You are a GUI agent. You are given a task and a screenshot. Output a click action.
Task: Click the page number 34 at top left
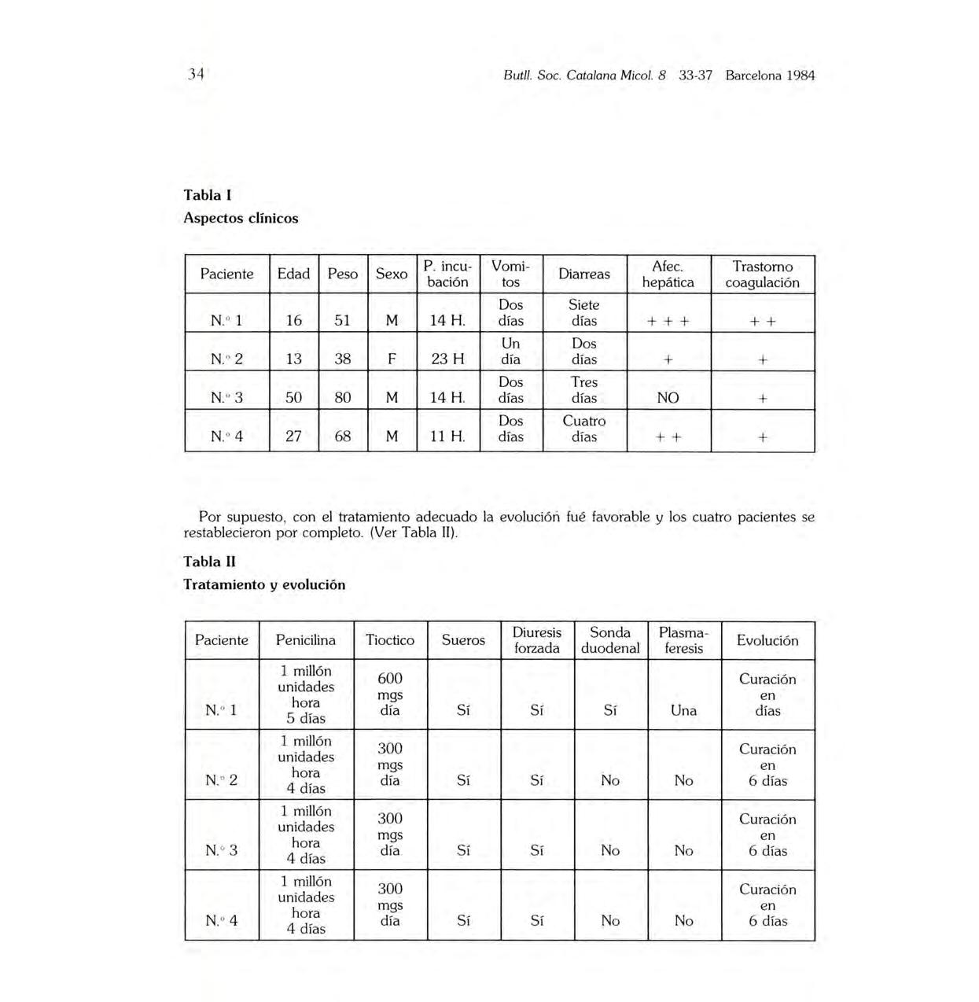tap(196, 75)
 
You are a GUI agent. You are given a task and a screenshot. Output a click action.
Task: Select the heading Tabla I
tap(208, 194)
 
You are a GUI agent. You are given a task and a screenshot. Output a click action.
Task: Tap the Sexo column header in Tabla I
tap(392, 274)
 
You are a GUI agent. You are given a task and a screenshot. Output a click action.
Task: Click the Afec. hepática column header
tap(668, 274)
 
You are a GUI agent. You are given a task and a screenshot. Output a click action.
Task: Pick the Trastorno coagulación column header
tap(762, 274)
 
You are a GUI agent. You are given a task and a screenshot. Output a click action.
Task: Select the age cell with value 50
tap(293, 398)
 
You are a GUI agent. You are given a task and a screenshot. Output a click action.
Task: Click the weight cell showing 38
tap(343, 359)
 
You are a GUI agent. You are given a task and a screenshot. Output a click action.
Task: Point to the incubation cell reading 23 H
tap(447, 359)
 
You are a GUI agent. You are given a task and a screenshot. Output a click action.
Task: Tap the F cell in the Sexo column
tap(392, 359)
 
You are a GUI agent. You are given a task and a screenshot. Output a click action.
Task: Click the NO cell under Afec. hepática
tap(668, 398)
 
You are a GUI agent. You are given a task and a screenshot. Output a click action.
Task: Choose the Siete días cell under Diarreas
tap(584, 312)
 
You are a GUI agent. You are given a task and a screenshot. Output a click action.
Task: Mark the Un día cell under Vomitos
tap(510, 351)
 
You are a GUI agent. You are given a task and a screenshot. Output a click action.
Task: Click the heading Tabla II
tap(209, 562)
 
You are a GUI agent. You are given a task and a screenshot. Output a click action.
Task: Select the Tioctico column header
tap(390, 640)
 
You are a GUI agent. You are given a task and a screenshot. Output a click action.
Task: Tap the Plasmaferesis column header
tap(683, 640)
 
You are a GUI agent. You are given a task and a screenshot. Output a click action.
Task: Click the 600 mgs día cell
tap(390, 694)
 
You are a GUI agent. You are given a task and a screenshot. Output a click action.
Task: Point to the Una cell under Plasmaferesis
tap(683, 710)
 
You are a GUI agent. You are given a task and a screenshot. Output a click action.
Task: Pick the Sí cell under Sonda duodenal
tap(610, 710)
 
